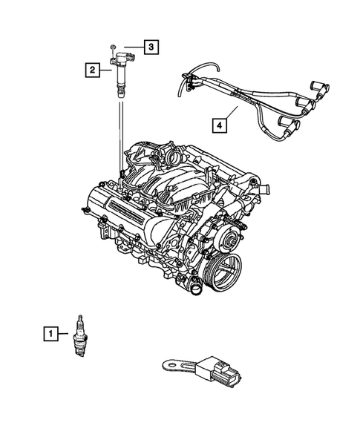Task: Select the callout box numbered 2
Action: tap(91, 70)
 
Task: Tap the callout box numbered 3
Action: tap(151, 48)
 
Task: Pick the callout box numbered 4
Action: tap(220, 126)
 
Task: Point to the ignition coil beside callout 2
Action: tap(117, 74)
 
